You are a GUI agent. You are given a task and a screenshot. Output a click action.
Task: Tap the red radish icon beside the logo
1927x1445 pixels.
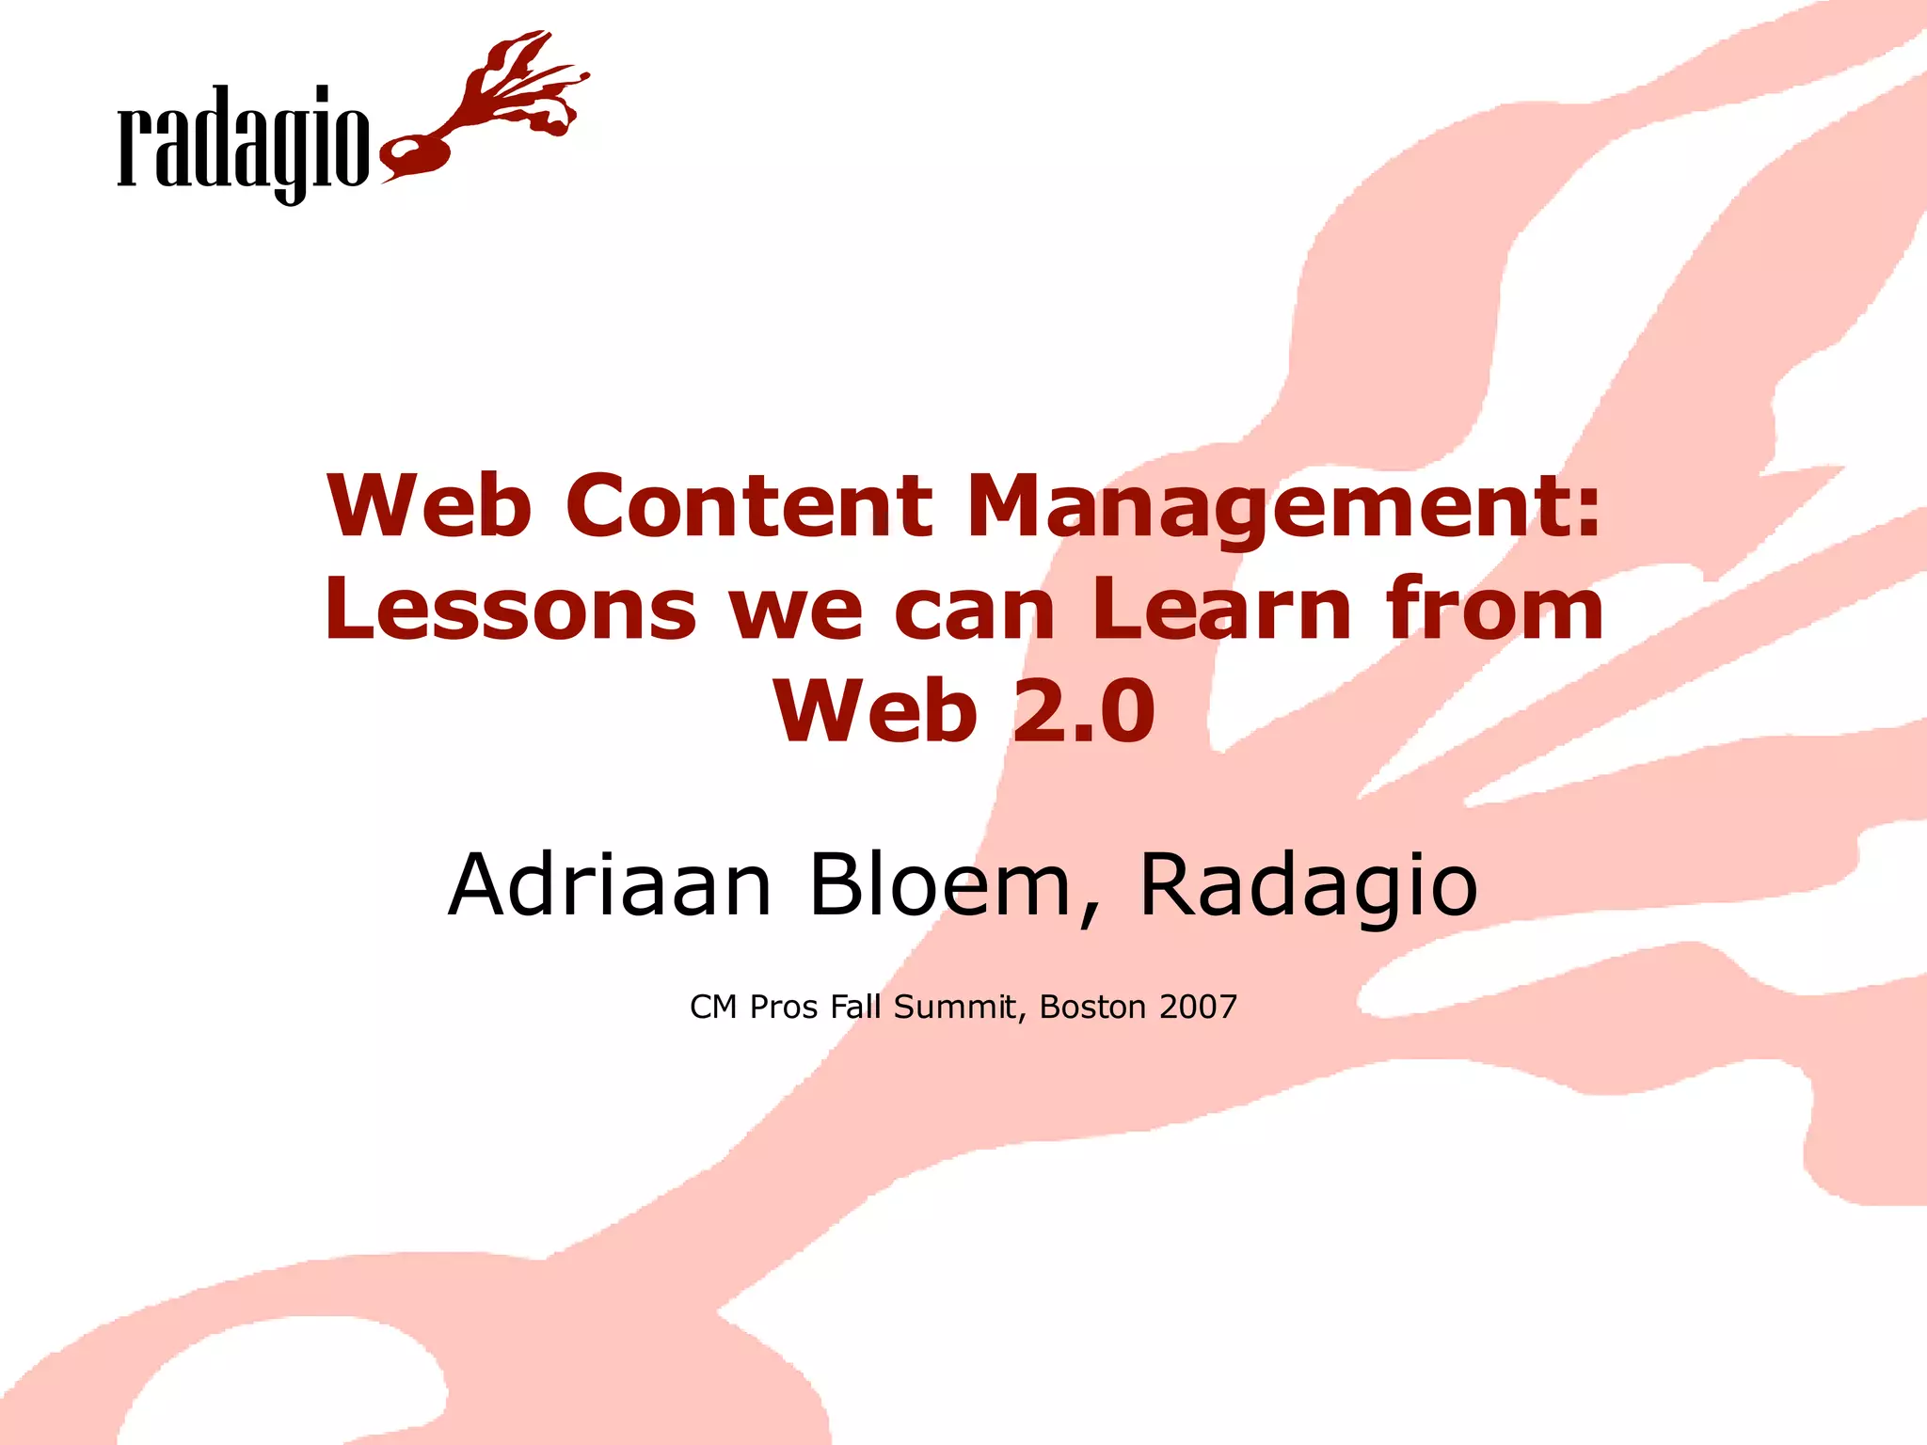423,151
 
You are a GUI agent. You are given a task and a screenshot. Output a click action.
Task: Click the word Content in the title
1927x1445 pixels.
748,506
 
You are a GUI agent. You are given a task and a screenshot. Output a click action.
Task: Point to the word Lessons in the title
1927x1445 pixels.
510,610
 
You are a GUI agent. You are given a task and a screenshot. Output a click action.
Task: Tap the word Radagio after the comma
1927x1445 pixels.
1308,886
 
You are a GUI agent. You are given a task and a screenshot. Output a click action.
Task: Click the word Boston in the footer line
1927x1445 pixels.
1092,1007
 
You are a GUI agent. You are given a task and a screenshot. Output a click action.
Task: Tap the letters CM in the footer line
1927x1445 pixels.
713,1007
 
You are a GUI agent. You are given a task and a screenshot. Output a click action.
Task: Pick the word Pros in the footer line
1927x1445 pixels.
784,1007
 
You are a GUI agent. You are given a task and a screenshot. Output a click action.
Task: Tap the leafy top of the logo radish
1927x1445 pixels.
522,85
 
